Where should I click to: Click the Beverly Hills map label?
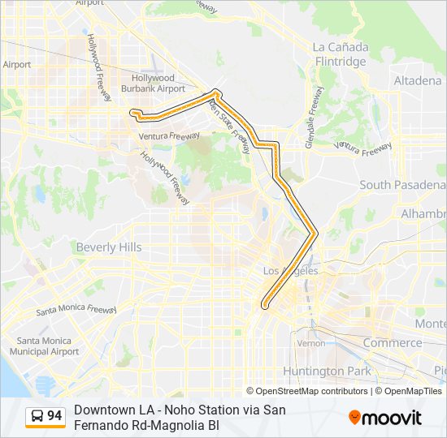[108, 247]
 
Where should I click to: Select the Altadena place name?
[418, 81]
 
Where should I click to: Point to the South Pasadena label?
[402, 185]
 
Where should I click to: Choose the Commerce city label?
[393, 343]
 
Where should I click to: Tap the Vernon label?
[310, 343]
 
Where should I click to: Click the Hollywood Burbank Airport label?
[153, 83]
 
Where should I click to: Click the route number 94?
[54, 416]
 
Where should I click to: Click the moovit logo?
[385, 417]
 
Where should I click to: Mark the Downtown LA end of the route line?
[265, 306]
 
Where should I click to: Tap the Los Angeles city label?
[290, 271]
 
